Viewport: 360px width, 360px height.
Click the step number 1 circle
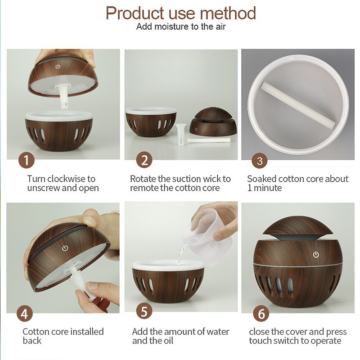[27, 160]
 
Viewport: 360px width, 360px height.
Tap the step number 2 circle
[144, 160]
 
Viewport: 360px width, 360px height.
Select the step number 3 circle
[260, 161]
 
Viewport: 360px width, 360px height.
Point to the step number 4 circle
[25, 314]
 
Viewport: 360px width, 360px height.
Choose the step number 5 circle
[144, 311]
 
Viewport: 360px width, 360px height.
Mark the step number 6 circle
[261, 314]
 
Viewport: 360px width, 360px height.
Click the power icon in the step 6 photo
[316, 254]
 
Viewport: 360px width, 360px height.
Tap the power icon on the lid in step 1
[58, 67]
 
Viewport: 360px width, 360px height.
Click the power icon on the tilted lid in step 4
[65, 248]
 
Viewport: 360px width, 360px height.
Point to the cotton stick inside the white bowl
[297, 103]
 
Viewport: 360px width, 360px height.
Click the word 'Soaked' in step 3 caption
[260, 179]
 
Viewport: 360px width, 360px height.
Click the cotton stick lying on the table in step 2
[208, 140]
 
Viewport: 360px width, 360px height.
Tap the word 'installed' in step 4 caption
[87, 332]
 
